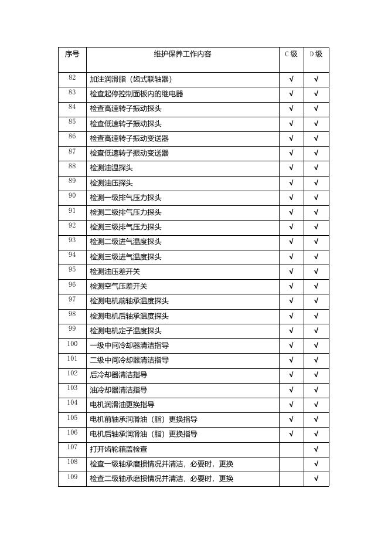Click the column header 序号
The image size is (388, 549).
72,54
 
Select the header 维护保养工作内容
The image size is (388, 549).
182,54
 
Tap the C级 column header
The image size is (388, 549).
291,54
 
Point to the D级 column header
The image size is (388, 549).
316,54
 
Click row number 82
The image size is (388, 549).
72,78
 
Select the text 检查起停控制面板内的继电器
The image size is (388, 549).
136,94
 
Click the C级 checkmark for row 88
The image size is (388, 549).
291,168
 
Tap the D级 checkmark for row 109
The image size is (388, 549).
316,479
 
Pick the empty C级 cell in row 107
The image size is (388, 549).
291,449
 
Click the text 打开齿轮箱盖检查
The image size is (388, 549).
118,449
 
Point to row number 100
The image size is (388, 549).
72,344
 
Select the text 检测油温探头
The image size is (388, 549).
111,168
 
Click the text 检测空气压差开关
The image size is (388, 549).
118,286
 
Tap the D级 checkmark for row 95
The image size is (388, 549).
316,272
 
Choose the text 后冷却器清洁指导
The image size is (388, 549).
118,375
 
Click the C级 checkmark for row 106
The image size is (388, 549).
291,434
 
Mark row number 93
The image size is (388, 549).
72,240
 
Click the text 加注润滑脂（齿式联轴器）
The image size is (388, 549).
131,79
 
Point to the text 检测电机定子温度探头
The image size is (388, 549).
125,331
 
